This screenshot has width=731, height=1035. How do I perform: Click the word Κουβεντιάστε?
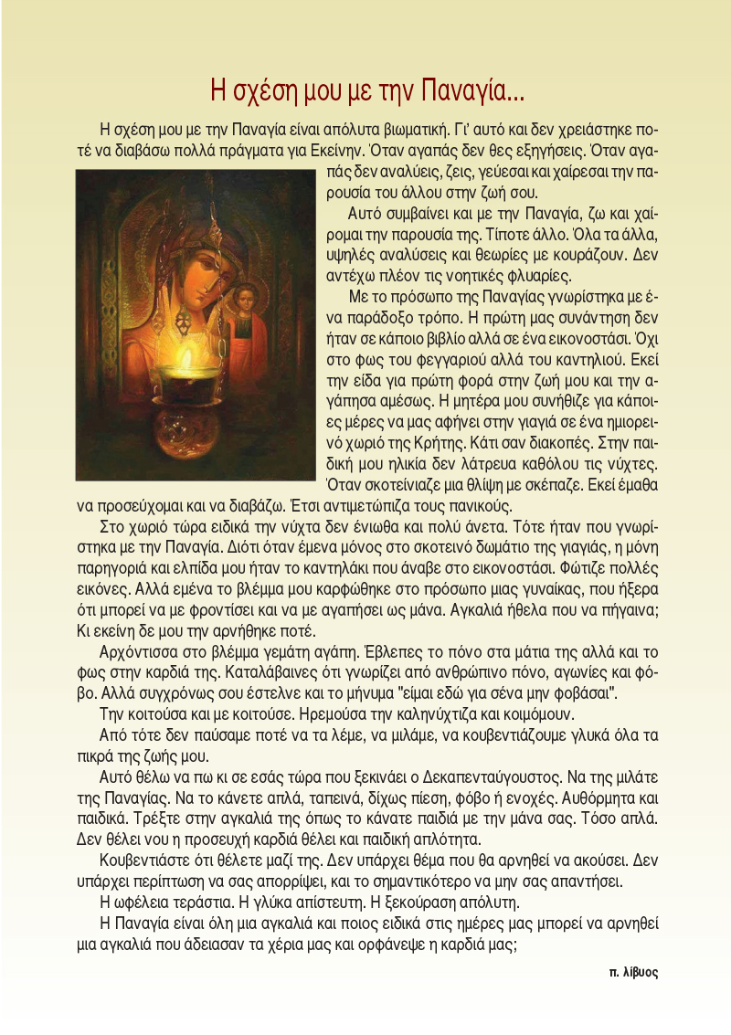[145, 861]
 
